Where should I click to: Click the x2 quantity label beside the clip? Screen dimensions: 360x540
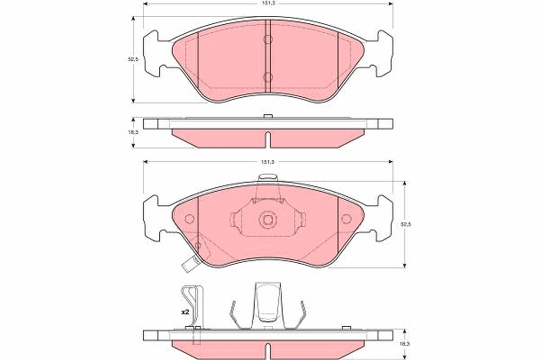(184, 311)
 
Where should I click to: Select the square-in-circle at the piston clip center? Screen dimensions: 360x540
(268, 220)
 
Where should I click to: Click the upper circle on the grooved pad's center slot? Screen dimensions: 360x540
(268, 40)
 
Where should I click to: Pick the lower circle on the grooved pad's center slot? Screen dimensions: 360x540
(268, 77)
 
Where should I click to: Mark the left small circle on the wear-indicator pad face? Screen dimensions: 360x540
(189, 219)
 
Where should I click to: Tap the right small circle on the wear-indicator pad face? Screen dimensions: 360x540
(346, 219)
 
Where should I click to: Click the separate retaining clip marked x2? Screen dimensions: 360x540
(193, 306)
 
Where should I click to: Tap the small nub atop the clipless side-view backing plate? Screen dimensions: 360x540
(268, 117)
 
